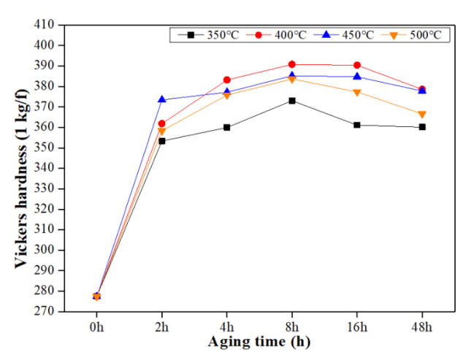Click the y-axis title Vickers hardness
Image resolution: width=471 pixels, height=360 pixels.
(x=23, y=167)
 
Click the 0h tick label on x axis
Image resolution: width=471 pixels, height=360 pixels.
(x=96, y=325)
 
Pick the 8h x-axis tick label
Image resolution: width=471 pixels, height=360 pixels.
(x=291, y=325)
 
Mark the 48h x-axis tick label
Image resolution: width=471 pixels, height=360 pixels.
(x=421, y=325)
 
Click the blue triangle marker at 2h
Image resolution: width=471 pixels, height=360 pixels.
(x=161, y=99)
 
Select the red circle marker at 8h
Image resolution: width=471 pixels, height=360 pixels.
(x=291, y=64)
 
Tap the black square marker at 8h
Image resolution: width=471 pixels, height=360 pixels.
(x=291, y=101)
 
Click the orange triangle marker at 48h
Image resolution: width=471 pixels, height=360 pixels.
(x=421, y=114)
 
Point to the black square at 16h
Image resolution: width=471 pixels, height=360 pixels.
(x=356, y=125)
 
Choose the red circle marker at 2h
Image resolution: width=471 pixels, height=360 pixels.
(x=161, y=123)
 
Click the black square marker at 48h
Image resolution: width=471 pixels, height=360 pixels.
(x=421, y=127)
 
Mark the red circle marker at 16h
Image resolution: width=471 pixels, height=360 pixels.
(x=356, y=65)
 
